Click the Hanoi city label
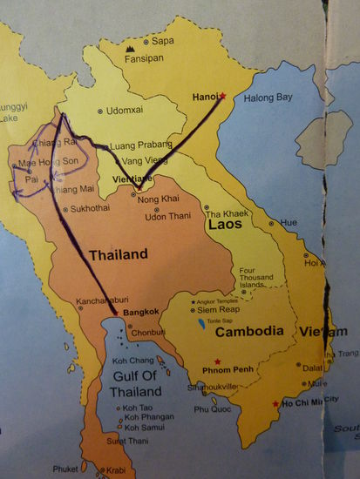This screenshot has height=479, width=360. [205, 97]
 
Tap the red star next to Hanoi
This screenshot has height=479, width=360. [223, 97]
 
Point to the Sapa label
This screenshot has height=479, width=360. [162, 40]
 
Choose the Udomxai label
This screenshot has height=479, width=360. [124, 110]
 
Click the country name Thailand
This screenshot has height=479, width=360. [118, 254]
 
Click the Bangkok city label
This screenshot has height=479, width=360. [139, 311]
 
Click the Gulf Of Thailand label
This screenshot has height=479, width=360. [123, 381]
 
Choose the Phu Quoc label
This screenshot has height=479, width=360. [211, 408]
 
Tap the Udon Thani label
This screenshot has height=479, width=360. [169, 215]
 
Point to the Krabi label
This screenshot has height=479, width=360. [116, 470]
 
